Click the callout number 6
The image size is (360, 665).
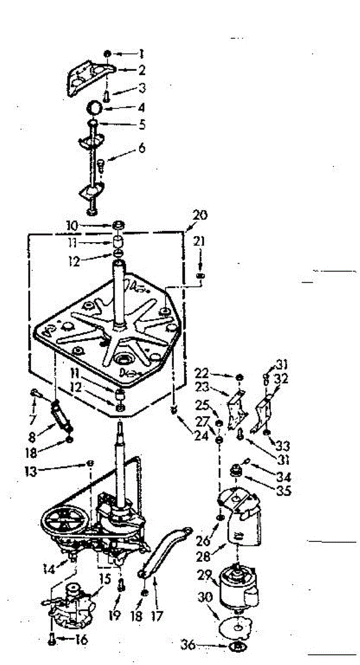click(142, 148)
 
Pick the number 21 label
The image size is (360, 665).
click(200, 242)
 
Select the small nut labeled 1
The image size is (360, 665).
click(107, 54)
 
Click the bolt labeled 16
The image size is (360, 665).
click(52, 638)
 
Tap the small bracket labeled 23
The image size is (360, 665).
click(237, 404)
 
